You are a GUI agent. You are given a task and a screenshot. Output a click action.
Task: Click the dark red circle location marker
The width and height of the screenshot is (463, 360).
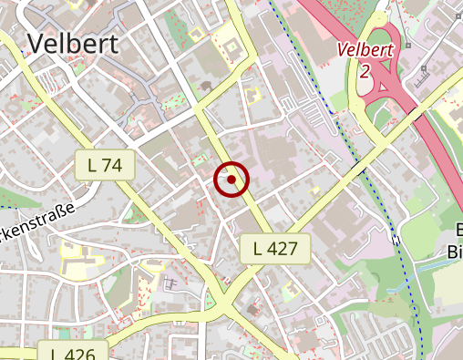click(232, 180)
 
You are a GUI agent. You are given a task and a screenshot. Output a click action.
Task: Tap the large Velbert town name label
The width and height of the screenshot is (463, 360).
click(73, 43)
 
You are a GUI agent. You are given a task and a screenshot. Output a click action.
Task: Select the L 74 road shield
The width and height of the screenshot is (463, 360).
click(105, 165)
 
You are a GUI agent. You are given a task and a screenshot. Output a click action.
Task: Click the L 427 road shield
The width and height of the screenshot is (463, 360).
click(275, 247)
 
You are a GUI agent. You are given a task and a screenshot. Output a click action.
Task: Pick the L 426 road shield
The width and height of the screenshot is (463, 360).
click(74, 353)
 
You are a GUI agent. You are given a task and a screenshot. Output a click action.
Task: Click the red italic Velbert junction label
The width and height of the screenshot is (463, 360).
click(365, 51)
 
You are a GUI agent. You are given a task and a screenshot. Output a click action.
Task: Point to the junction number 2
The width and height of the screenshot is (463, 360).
click(365, 70)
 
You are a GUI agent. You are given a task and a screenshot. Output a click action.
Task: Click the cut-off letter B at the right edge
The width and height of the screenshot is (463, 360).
click(458, 231)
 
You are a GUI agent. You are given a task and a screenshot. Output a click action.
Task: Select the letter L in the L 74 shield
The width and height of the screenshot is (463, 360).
click(92, 165)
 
